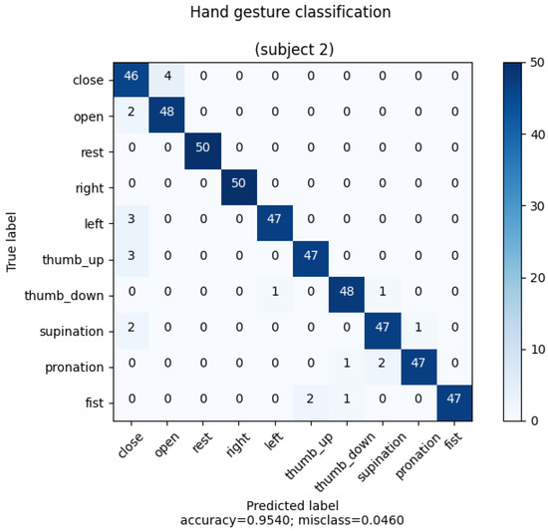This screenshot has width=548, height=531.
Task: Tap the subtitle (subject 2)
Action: (x=273, y=50)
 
